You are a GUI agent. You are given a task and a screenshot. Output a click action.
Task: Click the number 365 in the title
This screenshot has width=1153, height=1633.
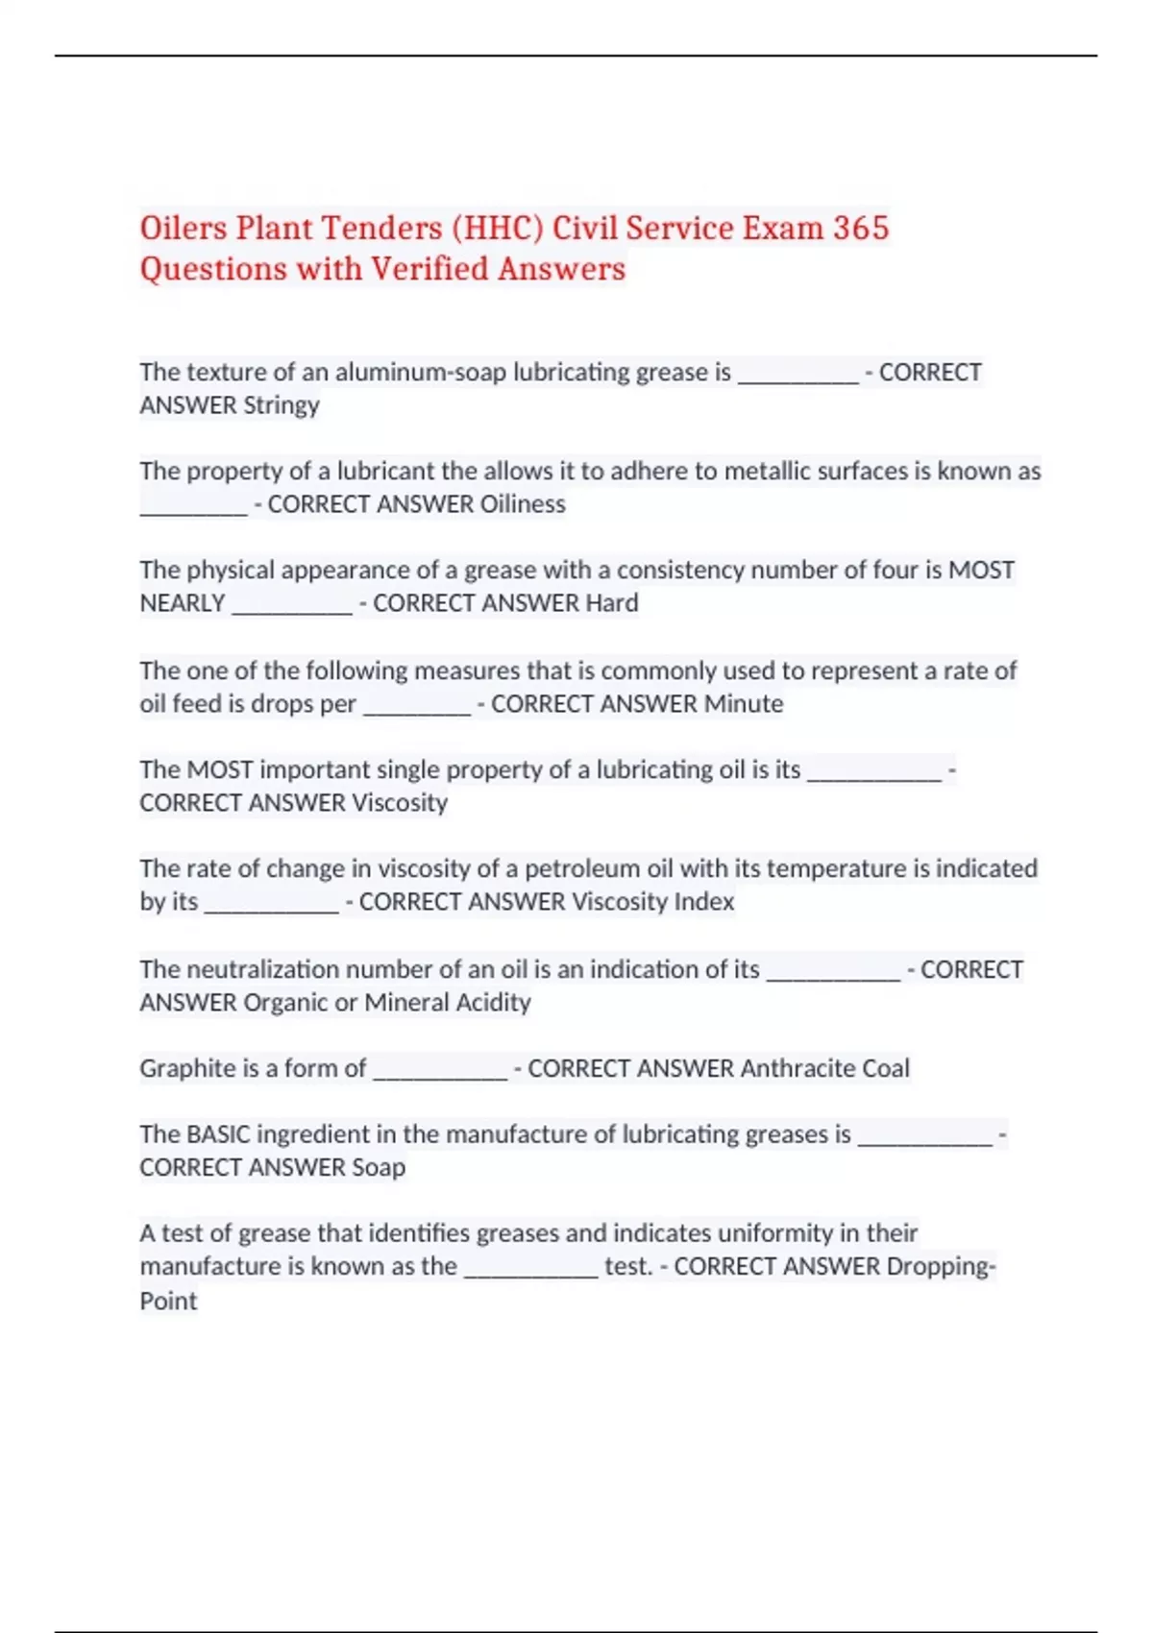coord(861,229)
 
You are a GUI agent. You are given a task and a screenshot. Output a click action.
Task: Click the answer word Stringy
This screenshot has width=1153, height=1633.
coord(282,405)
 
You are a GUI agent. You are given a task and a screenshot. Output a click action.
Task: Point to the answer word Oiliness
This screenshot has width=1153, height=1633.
coord(523,504)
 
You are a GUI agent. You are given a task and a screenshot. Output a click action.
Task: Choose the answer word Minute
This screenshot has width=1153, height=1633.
coord(744,704)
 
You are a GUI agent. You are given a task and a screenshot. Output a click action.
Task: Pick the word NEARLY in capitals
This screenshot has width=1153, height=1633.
coord(183,603)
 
